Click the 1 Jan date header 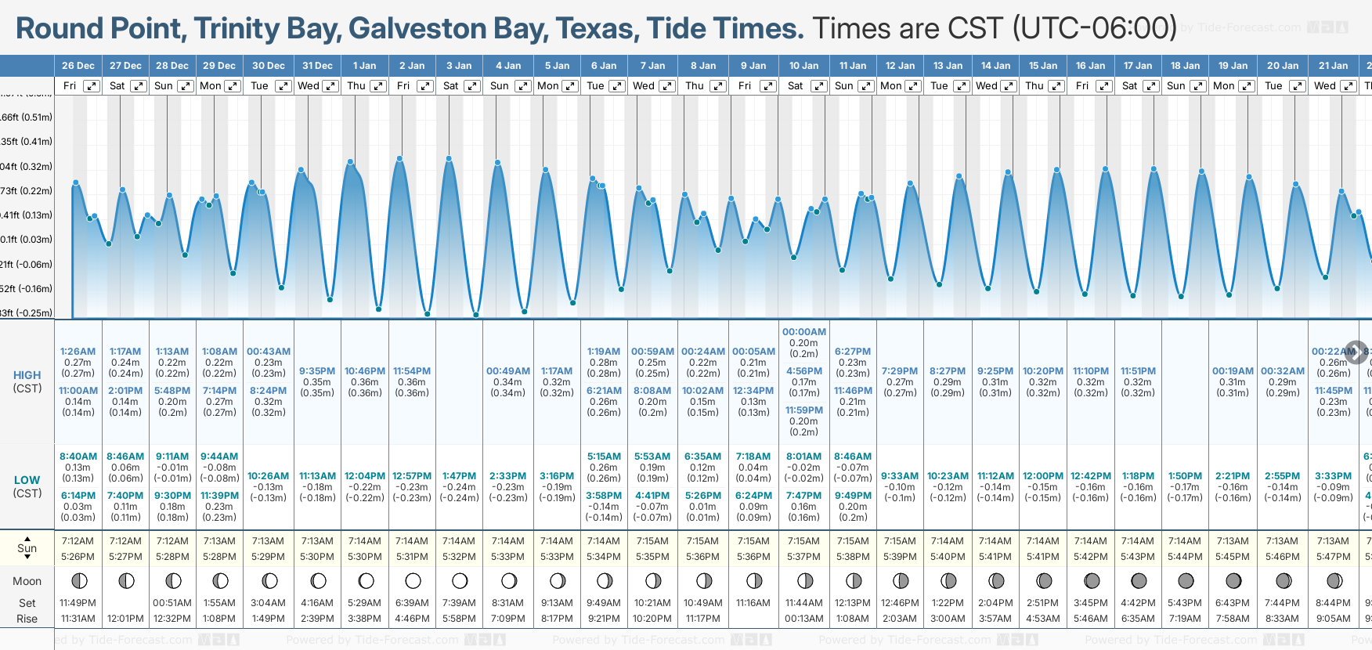(x=364, y=66)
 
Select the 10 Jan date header (x=803, y=66)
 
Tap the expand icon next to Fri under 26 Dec (x=92, y=86)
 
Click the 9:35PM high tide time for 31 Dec (x=317, y=371)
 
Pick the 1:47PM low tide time (x=459, y=476)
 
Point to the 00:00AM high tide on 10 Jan (x=804, y=332)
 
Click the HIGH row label (x=27, y=375)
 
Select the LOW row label (x=27, y=480)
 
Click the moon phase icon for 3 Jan (x=460, y=581)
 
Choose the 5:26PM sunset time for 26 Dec (x=78, y=557)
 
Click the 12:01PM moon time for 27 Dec (x=125, y=619)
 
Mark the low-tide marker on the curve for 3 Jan (x=476, y=315)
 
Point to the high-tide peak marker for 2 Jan (x=400, y=159)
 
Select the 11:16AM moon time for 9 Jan (x=753, y=603)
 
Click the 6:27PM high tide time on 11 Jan (x=853, y=352)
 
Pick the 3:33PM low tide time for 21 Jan (x=1333, y=476)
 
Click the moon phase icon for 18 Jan (x=1186, y=581)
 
